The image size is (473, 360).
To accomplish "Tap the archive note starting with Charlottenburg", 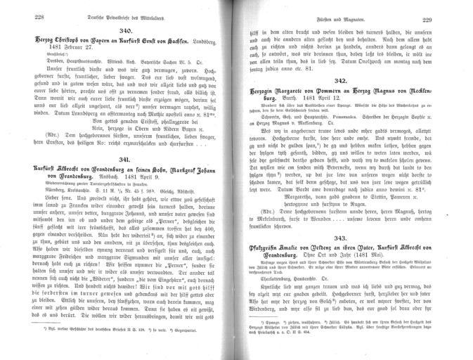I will point(279,296).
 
